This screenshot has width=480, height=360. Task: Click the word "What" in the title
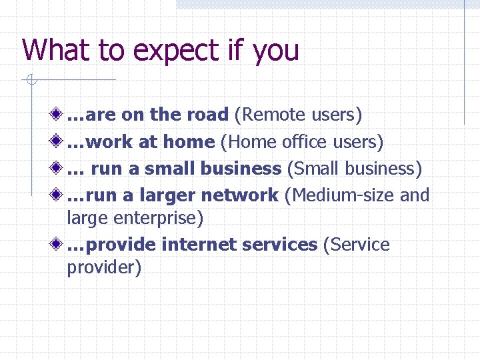point(51,50)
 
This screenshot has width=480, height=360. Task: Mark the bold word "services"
point(279,245)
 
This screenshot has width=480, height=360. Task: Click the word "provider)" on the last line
point(104,268)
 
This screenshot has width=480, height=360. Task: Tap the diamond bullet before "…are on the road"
point(59,115)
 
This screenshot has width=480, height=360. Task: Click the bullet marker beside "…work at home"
point(59,141)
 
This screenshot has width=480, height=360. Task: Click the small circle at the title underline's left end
point(29,81)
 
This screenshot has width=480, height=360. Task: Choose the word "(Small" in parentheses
point(313,169)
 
